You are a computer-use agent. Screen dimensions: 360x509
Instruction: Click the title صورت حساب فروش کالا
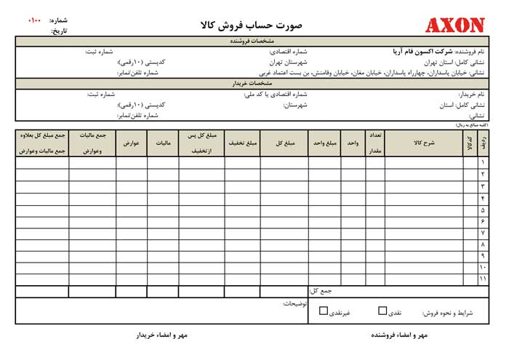(254, 25)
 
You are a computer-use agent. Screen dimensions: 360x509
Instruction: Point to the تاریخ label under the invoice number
(58, 31)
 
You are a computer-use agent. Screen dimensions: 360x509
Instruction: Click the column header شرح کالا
(422, 143)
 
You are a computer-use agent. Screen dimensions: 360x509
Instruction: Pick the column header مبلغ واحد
(325, 143)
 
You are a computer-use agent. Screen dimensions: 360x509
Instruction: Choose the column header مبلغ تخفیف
(244, 143)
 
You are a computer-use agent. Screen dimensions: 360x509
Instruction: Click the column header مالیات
(163, 143)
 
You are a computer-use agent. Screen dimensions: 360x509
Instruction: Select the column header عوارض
(132, 143)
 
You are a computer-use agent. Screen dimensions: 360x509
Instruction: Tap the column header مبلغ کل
(286, 143)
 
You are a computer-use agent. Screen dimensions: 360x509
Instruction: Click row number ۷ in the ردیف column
(483, 233)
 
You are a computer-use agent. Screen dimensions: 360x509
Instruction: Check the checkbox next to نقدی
(382, 311)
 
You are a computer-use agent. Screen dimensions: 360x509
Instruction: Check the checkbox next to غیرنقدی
(324, 311)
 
